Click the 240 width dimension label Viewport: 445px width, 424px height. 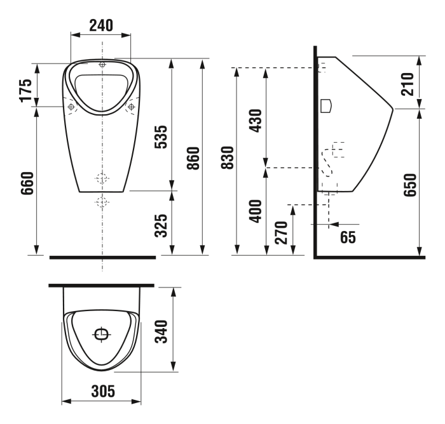(x=101, y=25)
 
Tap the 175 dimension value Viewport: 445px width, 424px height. (x=26, y=90)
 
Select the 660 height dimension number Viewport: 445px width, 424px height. (x=27, y=183)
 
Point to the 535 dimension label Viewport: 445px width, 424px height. (x=161, y=137)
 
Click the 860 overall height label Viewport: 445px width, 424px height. (x=193, y=158)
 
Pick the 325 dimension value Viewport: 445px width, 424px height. (x=161, y=225)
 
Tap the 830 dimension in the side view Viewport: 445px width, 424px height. (x=228, y=157)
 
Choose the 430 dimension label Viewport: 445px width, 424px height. (x=256, y=121)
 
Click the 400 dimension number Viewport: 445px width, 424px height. (x=256, y=211)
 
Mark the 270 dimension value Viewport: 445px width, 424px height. (x=282, y=233)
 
